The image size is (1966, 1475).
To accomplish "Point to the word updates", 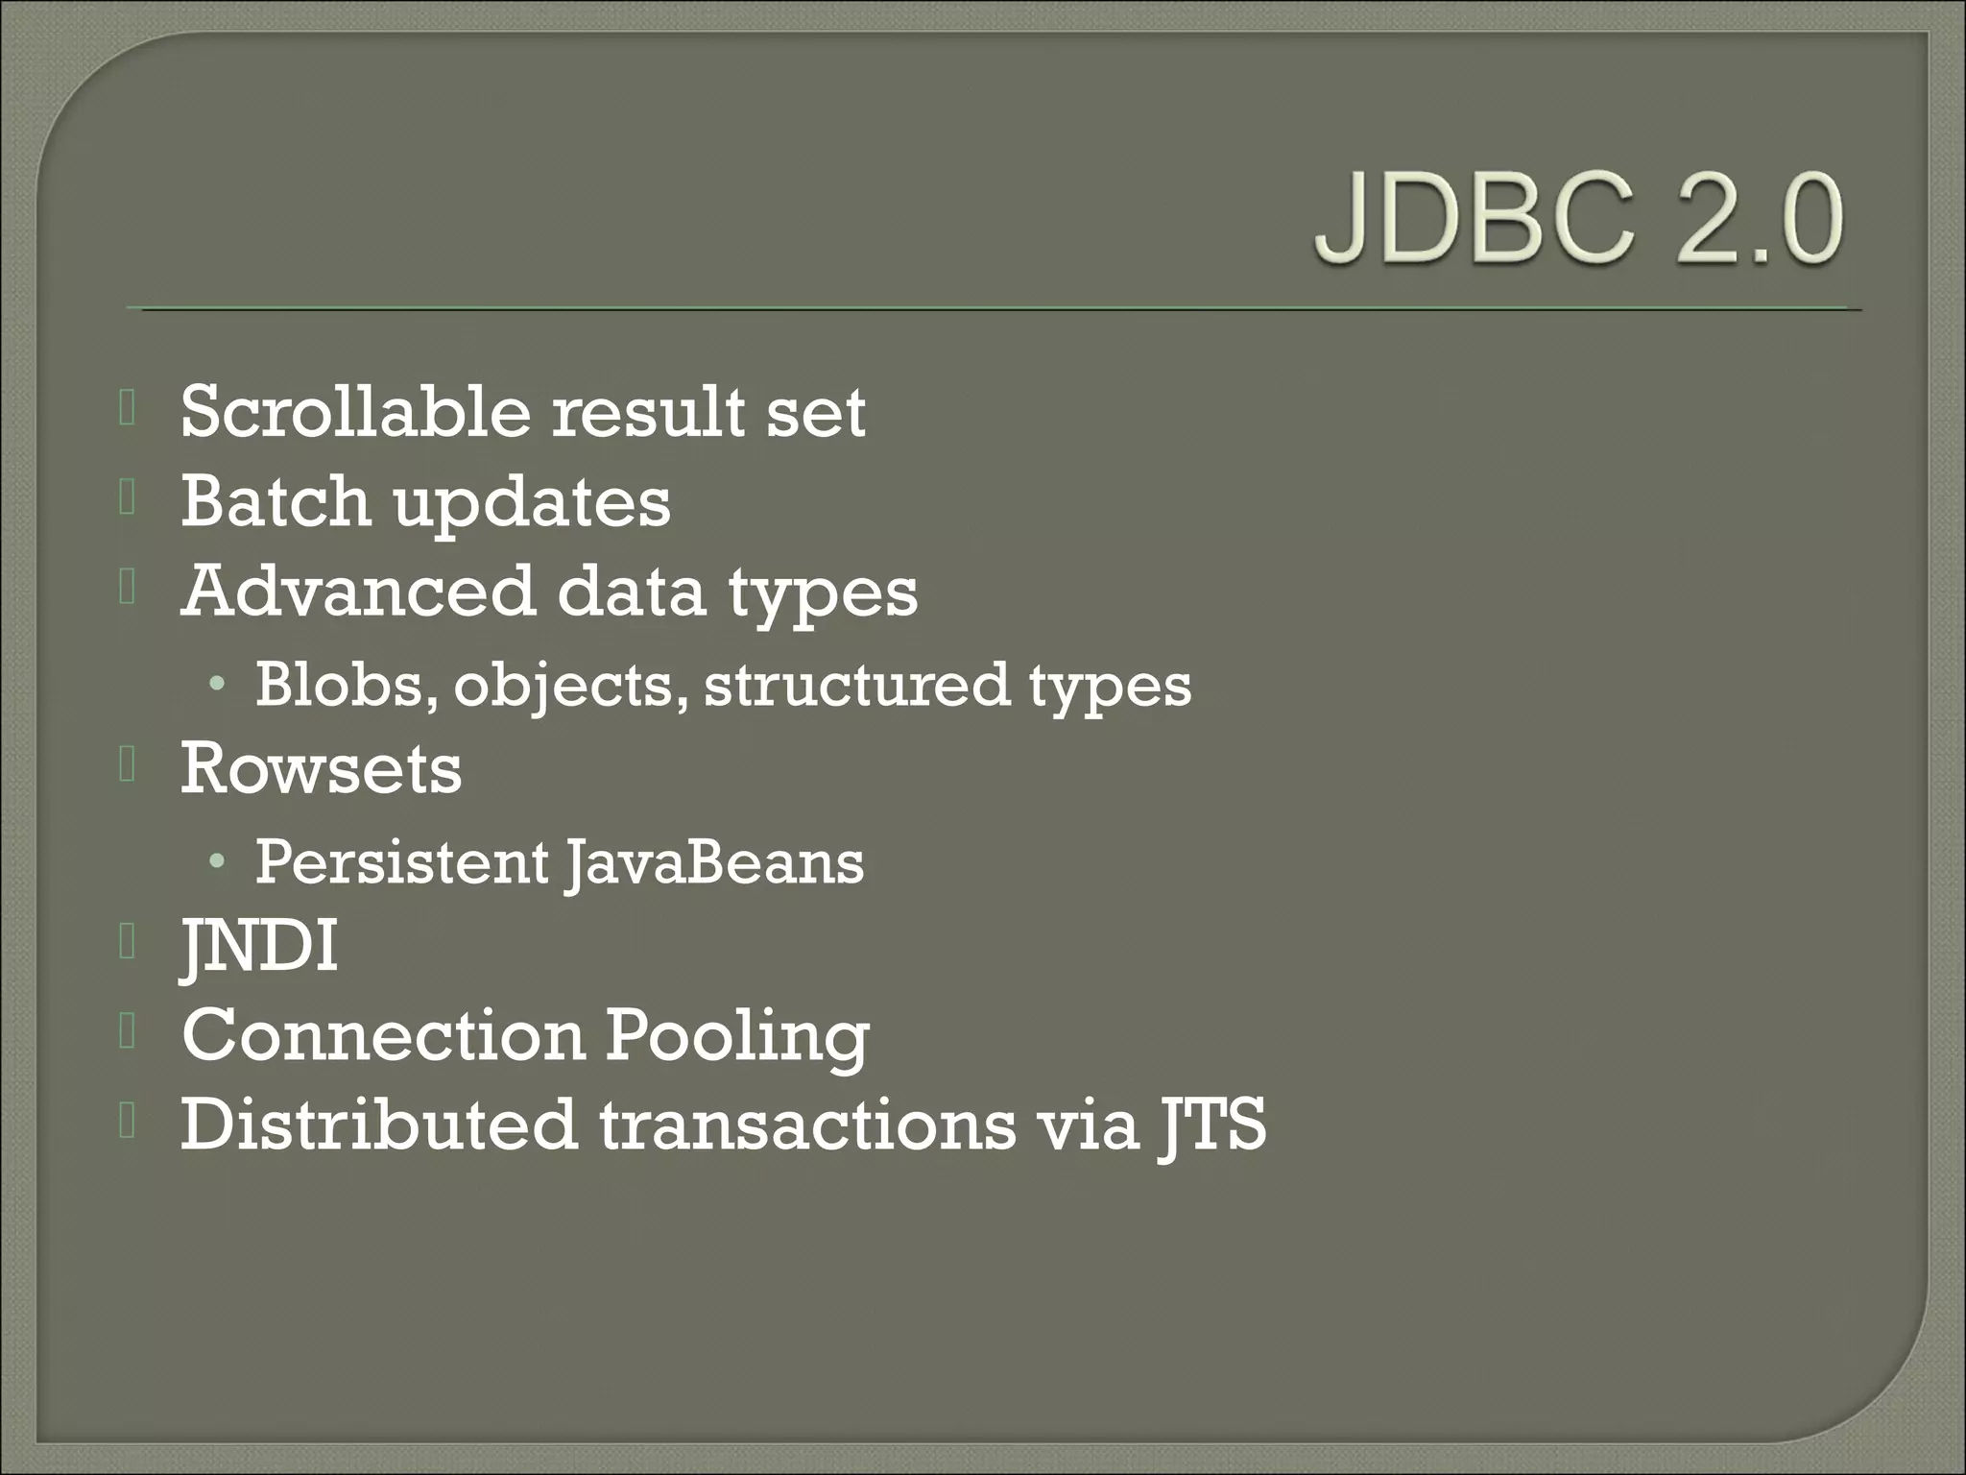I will [532, 505].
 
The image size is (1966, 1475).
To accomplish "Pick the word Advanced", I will [358, 591].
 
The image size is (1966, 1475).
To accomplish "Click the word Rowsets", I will [322, 769].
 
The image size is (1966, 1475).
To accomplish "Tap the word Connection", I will [383, 1035].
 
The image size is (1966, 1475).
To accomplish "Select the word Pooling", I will [736, 1038].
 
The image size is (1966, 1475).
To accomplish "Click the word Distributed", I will [379, 1124].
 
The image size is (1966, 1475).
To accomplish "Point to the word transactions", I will [807, 1124].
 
